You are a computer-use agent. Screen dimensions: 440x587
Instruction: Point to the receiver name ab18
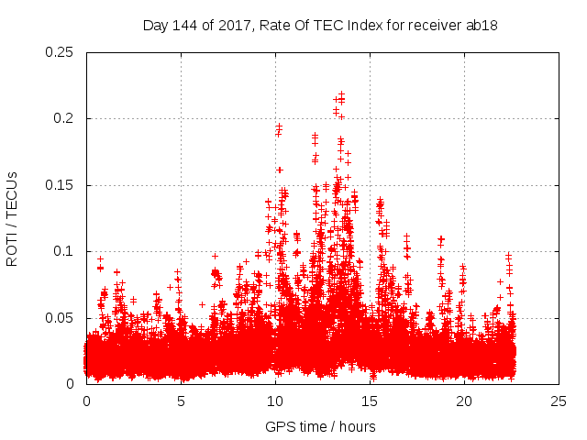[481, 25]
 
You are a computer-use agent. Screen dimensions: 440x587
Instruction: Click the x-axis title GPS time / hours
[320, 426]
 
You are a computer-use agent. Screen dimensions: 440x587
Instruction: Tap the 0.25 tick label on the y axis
[60, 52]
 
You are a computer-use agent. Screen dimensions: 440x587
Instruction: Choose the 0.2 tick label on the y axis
[63, 118]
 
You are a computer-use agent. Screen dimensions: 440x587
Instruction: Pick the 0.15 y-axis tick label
[60, 185]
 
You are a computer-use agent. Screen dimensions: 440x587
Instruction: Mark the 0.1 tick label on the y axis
[63, 251]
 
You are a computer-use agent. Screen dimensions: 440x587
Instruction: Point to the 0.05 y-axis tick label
[60, 318]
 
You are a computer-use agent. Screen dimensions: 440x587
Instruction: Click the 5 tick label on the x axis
[181, 401]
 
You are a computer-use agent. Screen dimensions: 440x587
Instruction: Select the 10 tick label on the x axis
[275, 401]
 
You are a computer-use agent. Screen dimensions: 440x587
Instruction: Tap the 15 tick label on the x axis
[370, 401]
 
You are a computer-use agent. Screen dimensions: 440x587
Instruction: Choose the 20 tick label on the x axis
[464, 401]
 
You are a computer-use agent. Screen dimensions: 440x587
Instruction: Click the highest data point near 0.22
[341, 93]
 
